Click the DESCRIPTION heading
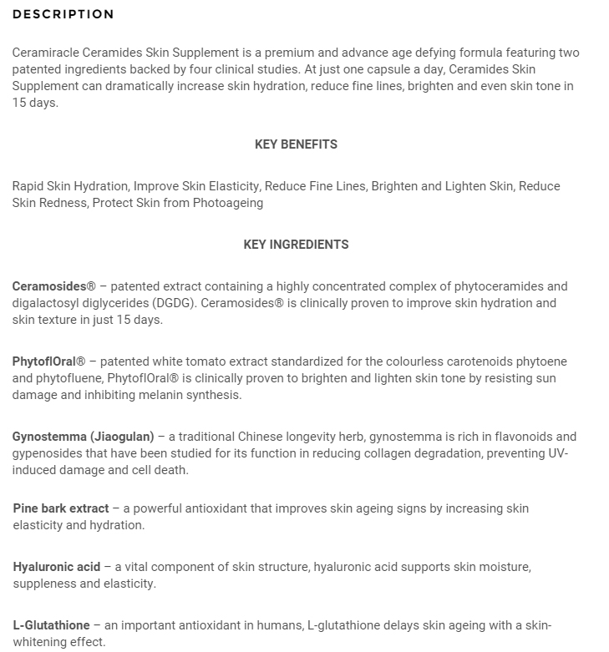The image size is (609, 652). pos(63,14)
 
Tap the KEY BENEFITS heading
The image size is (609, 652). pos(296,144)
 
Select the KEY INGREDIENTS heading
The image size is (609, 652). pos(296,245)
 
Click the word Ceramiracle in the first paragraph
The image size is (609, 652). pos(46,53)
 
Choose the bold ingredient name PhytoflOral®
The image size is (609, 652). pos(48,361)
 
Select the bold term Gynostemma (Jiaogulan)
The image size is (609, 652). pos(84,437)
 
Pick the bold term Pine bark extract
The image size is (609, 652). pos(61,508)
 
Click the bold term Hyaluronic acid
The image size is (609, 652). pos(56,567)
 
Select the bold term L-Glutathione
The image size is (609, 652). pos(51,625)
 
